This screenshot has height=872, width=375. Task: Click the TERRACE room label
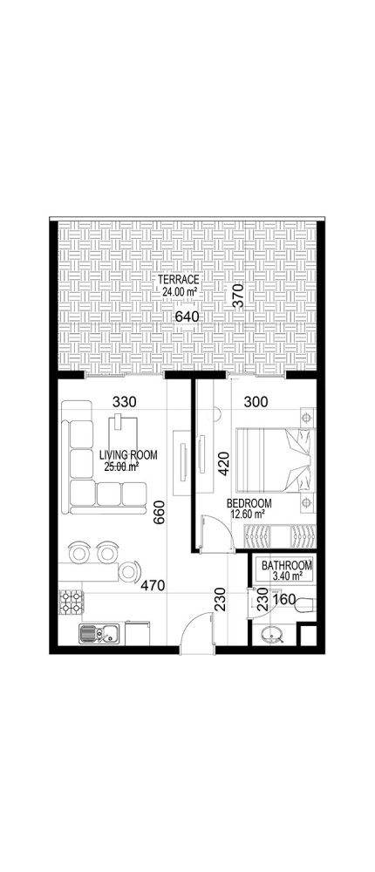coord(180,279)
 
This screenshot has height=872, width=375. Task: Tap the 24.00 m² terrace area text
coord(180,292)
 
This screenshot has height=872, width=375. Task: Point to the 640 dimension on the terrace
coord(187,316)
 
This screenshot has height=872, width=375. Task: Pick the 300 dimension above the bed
coord(256,403)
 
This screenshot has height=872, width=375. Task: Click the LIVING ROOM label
coord(126,454)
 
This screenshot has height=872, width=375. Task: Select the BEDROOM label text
coord(249,504)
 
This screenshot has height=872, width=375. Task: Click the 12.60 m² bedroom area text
coord(247,515)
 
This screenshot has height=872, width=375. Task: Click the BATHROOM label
coord(282,564)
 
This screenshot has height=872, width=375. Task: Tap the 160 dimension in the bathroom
coord(283,601)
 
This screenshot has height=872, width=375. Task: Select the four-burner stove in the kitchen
coord(70,601)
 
